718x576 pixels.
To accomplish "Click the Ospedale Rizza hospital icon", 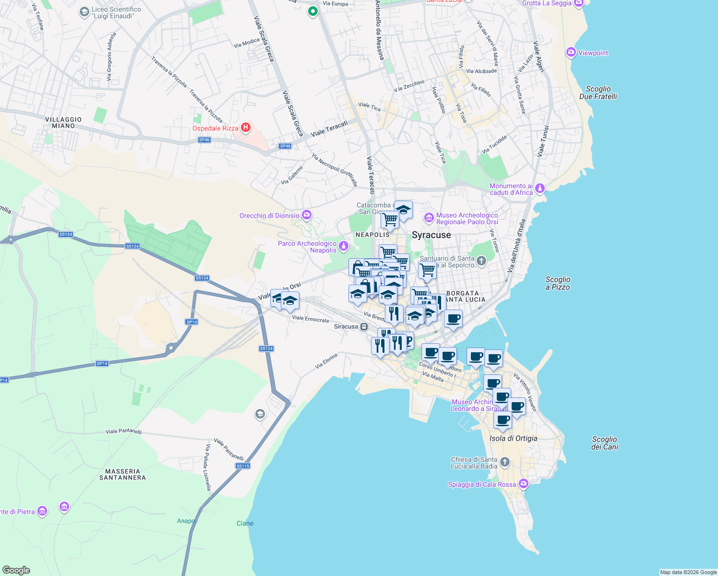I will coord(245,127).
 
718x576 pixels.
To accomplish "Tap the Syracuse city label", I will coord(431,235).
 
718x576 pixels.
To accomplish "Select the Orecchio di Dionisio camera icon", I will coord(307,215).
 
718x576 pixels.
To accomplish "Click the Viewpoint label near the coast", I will coord(593,53).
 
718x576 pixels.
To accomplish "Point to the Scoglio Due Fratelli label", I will coord(598,93).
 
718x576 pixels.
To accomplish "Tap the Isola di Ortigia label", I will coord(513,438).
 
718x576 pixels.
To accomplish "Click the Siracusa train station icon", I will coord(364,326).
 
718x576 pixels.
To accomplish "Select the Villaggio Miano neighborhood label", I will coord(63,122).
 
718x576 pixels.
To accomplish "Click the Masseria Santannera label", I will coord(122,474).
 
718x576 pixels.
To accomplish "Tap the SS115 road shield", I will coord(243,466).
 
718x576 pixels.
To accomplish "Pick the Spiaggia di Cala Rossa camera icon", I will coord(524,484).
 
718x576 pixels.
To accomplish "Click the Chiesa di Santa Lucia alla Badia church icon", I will coord(504,462).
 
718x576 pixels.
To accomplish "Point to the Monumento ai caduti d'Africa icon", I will coord(540,188).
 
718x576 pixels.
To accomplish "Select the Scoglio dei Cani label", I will coord(604,443).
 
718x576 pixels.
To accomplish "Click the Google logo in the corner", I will coord(16,570).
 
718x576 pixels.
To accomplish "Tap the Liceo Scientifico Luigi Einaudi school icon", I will coord(84,12).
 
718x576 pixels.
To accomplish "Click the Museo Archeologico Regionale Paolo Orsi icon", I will coord(429,218).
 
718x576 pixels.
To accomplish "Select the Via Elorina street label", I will coord(326,361).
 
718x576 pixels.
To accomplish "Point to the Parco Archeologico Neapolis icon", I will coord(343,246).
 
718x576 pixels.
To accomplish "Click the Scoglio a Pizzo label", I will coord(558,283).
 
